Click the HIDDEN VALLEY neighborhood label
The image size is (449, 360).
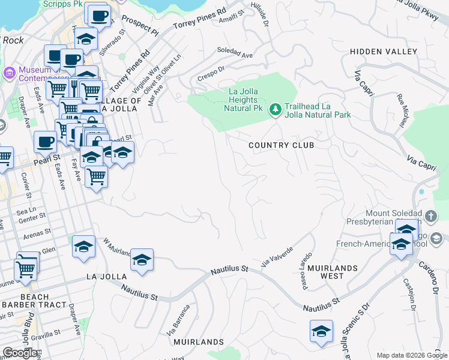coord(384,52)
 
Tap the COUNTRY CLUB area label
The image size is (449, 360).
coord(282,146)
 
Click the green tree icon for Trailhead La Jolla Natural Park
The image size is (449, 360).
coord(275,109)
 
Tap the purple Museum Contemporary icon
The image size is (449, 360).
coord(9,73)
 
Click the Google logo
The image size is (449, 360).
coord(20,352)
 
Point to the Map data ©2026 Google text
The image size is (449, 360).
coord(411,355)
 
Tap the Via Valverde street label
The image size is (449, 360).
coord(277,256)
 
